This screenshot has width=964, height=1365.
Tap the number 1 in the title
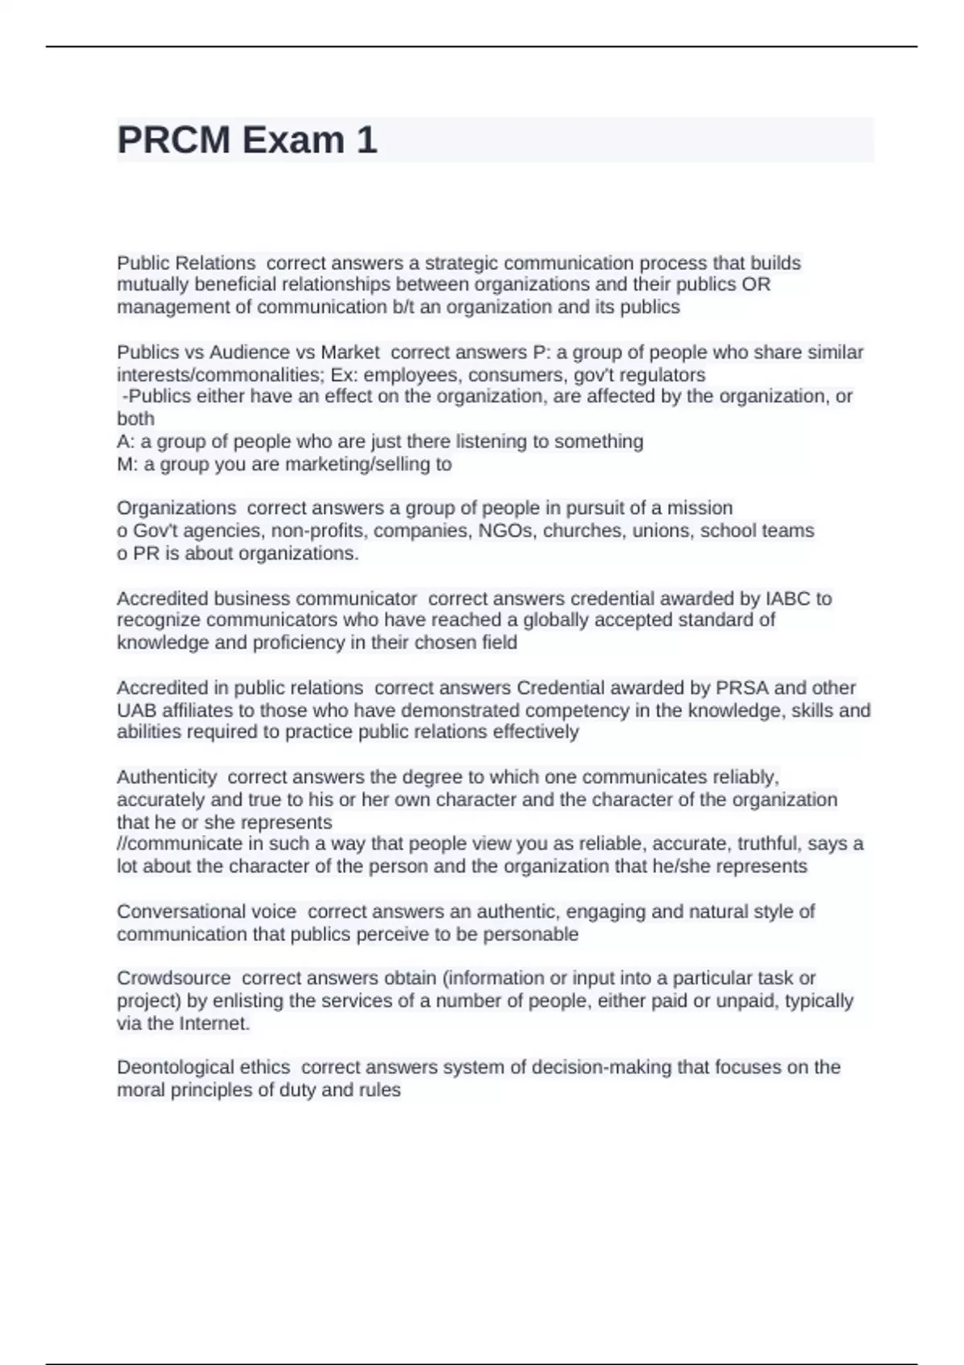(366, 141)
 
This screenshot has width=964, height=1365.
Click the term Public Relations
(186, 263)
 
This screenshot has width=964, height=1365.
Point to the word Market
(350, 352)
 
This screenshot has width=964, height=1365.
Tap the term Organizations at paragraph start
(176, 508)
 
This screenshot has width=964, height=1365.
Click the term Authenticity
(166, 777)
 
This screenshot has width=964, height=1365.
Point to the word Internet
(214, 1024)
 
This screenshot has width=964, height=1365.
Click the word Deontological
(203, 1068)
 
